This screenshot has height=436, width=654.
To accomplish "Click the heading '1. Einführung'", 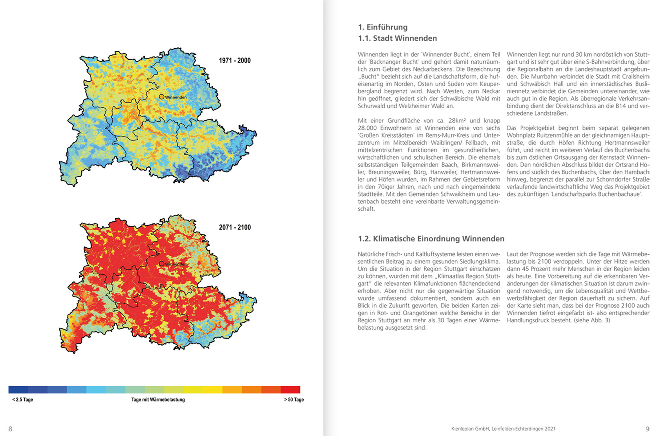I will click(x=383, y=27).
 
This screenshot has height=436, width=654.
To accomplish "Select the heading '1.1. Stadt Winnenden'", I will click(x=397, y=39).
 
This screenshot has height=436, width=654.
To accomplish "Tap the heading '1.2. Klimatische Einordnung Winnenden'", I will click(x=431, y=239).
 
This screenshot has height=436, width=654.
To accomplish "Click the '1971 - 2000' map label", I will click(x=235, y=61).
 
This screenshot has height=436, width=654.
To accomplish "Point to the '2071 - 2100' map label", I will click(x=235, y=227).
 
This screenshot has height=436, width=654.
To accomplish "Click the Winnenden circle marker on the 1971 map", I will click(x=162, y=97).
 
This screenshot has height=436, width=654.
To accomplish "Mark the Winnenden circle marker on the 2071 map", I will click(x=162, y=264).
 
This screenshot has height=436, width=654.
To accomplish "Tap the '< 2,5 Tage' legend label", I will click(x=23, y=400).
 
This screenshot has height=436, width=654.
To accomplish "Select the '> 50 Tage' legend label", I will click(x=294, y=400).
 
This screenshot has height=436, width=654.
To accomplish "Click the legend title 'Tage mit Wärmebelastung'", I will click(x=158, y=400).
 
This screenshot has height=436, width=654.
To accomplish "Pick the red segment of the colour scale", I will click(x=290, y=389).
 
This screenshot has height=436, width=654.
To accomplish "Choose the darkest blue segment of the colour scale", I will click(x=18, y=389).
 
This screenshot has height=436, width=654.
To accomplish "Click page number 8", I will click(x=10, y=429).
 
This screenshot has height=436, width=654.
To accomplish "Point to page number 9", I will click(x=647, y=429).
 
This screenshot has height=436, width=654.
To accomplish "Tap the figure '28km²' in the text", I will click(x=459, y=121).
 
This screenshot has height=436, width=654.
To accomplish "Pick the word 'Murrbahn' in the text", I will click(x=543, y=77).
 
